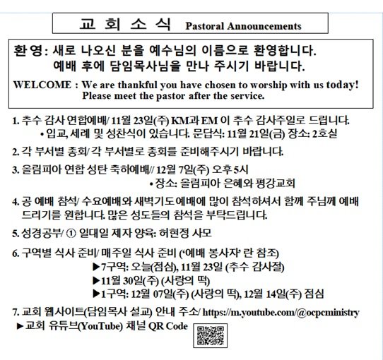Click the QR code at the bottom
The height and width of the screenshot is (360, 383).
[x=206, y=336]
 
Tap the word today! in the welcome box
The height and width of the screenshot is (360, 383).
[x=338, y=85]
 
